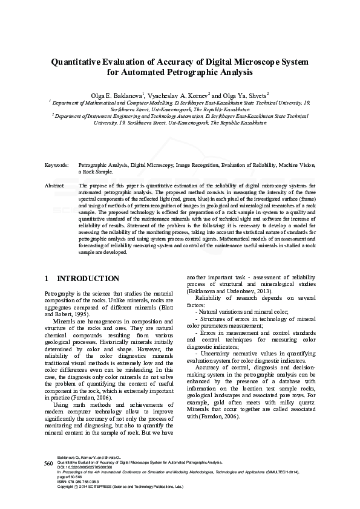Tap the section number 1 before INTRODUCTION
pos(47,279)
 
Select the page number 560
pos(50,462)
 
